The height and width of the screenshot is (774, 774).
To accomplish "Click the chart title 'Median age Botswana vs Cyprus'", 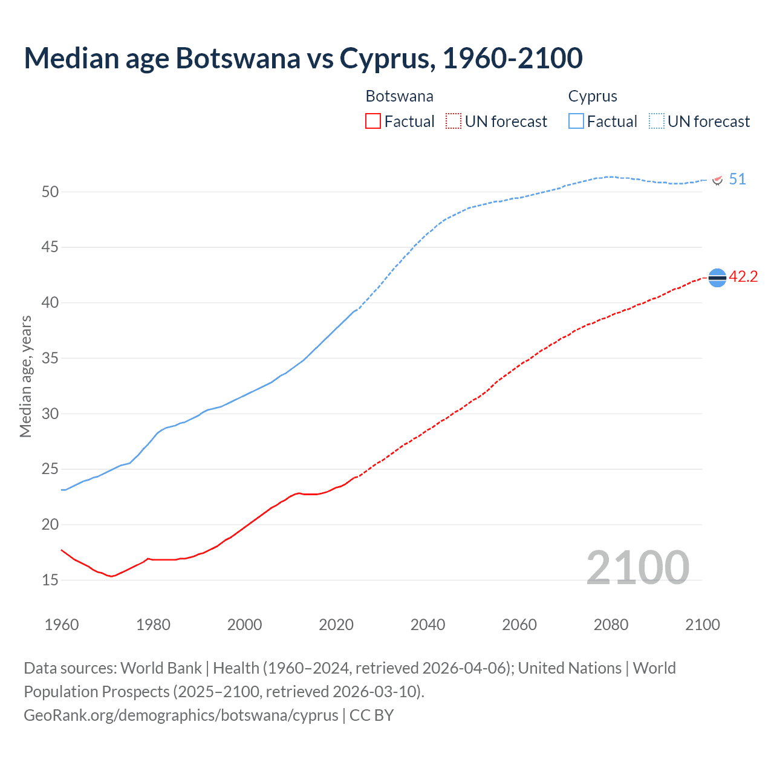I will point(302,58).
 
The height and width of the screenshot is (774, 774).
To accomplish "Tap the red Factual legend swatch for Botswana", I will point(373,122).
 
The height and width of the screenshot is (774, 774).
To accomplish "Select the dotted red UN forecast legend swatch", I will point(454,122).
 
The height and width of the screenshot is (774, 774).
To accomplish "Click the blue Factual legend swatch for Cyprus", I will point(576,122).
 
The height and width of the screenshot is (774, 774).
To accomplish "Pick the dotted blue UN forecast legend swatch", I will point(656,122).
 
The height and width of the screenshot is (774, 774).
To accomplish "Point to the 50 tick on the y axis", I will point(50,192).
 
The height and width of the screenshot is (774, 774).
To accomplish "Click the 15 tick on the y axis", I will point(50,580).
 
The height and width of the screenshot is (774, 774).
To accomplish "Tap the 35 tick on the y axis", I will point(50,358).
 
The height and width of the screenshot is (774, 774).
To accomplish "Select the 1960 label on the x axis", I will point(62,625).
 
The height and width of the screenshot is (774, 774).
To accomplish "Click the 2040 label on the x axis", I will point(428,625).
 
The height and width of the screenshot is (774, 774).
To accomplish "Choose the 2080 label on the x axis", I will point(611,625).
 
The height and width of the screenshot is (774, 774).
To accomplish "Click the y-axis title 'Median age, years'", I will point(25,376).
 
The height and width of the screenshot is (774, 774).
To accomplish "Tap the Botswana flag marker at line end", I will point(717,278).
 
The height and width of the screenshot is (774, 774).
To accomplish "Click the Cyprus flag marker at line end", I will point(718,180).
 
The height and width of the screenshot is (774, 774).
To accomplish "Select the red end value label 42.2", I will point(743,277).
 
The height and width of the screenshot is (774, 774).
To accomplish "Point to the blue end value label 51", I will point(737,180).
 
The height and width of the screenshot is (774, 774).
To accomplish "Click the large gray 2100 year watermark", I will point(637,567).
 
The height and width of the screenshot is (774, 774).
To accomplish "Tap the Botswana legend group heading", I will point(399,96).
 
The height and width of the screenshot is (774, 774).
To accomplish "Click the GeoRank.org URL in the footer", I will point(181,715).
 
